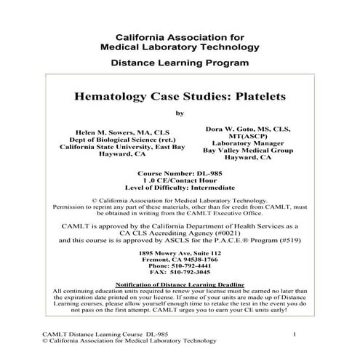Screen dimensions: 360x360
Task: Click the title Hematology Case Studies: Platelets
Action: [x=180, y=95]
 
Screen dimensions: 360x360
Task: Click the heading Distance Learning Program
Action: [x=180, y=63]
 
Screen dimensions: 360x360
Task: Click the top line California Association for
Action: [x=180, y=36]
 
